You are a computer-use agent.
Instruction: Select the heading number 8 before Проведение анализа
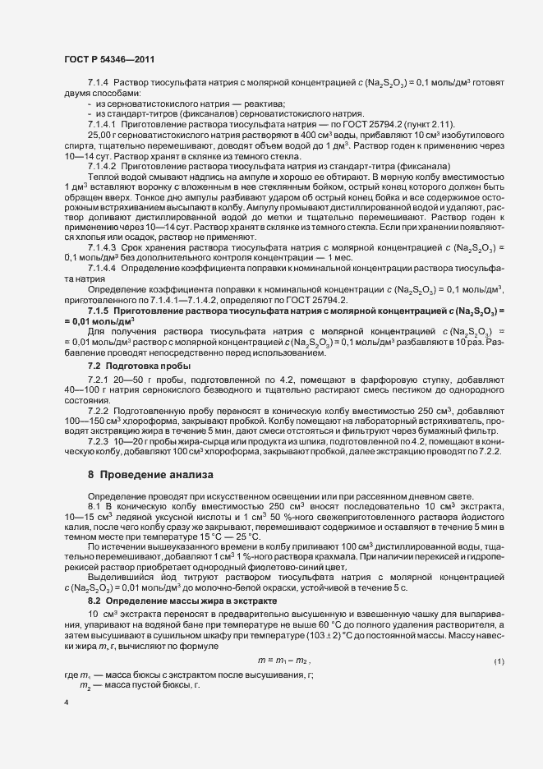coord(91,474)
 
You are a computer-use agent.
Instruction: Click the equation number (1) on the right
coord(499,638)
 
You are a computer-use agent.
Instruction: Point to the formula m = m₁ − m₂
coord(284,638)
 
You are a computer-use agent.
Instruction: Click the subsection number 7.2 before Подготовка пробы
coord(94,365)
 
